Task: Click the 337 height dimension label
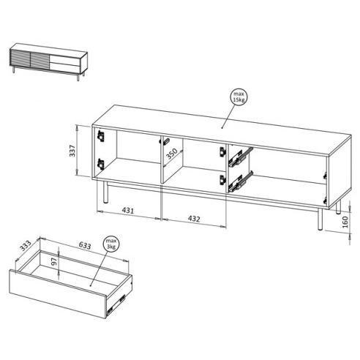click(72, 151)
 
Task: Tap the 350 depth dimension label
click(172, 154)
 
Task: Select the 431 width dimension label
click(128, 210)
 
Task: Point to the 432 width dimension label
click(194, 219)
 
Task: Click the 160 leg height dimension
click(345, 222)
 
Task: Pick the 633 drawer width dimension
click(85, 245)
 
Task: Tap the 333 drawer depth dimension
click(26, 246)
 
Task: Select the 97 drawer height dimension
click(54, 261)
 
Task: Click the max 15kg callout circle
click(239, 97)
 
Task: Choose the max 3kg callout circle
click(111, 244)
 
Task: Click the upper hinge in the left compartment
click(101, 135)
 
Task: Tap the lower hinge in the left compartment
click(101, 164)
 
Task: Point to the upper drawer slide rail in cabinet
click(240, 157)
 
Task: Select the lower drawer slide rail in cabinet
click(240, 181)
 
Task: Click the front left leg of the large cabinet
click(105, 192)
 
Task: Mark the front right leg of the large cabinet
click(320, 219)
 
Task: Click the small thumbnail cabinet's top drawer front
click(65, 60)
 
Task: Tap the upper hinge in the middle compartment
click(222, 151)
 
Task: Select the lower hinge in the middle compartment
click(222, 179)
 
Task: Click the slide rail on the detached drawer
click(116, 302)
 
